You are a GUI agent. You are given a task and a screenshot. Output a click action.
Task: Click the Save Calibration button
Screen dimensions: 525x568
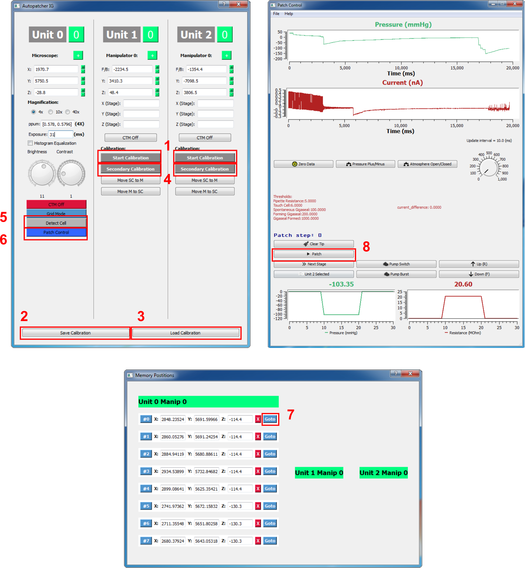[x=75, y=333]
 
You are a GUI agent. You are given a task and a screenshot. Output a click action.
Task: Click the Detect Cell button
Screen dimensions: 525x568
[x=56, y=223]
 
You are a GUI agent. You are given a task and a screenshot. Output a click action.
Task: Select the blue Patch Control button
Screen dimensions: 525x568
[x=56, y=232]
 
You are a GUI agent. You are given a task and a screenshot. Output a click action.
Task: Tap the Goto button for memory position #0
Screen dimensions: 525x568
[x=270, y=419]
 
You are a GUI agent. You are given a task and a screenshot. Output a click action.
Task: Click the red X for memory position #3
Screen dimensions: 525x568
[x=258, y=471]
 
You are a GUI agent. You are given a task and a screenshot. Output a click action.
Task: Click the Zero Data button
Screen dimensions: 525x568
[x=304, y=164]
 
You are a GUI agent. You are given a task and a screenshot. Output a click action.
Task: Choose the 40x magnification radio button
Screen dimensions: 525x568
[x=68, y=112]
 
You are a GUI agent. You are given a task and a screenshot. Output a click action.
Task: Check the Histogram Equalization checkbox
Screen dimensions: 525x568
[x=30, y=143]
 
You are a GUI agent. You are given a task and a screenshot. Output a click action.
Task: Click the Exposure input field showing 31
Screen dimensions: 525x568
[x=60, y=134]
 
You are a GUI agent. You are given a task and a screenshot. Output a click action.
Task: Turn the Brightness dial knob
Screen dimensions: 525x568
[x=42, y=173]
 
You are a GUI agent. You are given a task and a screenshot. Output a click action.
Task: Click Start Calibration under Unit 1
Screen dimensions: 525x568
[x=130, y=158]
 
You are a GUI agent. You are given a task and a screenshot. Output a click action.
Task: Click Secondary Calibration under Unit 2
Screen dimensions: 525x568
[x=205, y=169]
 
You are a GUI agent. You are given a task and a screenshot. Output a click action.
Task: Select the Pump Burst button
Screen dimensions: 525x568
[x=396, y=274]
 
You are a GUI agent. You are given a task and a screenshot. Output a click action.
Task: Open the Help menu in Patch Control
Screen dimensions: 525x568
[x=289, y=14]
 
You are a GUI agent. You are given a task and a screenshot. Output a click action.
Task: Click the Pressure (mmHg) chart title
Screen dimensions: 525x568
[x=403, y=25]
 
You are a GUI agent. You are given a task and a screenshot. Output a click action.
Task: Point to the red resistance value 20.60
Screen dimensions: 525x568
[x=463, y=284]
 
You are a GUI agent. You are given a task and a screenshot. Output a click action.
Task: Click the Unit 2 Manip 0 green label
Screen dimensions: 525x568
[x=383, y=473]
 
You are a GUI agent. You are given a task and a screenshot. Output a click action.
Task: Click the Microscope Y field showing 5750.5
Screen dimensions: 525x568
[x=56, y=81]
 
